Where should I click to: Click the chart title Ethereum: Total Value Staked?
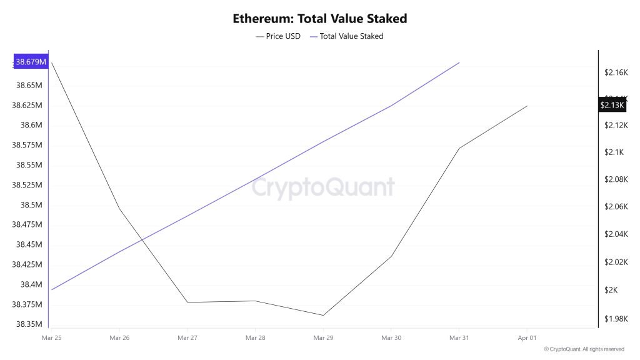click(x=319, y=18)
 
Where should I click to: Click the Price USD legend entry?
click(x=279, y=36)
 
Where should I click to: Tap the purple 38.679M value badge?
click(x=31, y=62)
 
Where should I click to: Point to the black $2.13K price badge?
click(x=612, y=105)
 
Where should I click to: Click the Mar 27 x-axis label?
click(x=187, y=337)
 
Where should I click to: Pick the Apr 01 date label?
click(x=527, y=337)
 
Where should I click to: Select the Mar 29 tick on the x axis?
click(x=323, y=337)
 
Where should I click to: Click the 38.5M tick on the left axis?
click(x=31, y=205)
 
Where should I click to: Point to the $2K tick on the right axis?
click(x=611, y=290)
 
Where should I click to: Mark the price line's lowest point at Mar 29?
click(x=323, y=315)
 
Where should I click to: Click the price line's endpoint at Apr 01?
click(x=527, y=106)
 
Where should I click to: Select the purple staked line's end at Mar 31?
click(x=459, y=62)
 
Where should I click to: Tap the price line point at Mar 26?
click(x=119, y=208)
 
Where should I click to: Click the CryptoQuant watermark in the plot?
click(x=323, y=187)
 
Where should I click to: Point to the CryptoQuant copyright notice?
click(x=584, y=349)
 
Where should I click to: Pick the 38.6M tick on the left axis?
click(x=31, y=125)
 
